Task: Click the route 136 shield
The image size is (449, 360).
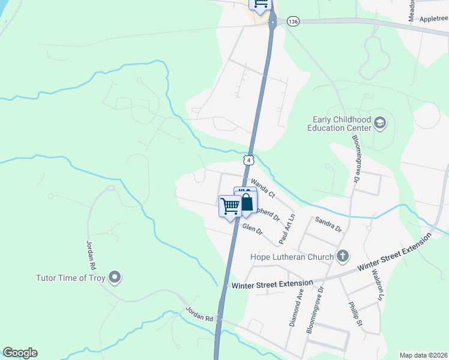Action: pos(293,21)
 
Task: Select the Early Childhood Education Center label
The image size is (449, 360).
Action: pos(339,124)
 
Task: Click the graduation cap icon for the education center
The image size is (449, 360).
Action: pos(379,124)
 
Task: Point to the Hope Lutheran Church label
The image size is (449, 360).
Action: pos(292,257)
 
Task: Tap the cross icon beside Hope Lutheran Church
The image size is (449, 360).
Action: pos(343,257)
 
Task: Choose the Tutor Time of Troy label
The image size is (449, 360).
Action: pos(71,278)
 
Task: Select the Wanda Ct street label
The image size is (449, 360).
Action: pos(262,187)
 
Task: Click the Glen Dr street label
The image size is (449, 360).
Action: pos(253,229)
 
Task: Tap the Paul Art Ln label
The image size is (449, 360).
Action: pos(287,229)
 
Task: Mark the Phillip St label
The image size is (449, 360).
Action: pos(355,310)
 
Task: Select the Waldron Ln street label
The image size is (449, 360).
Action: pos(376,284)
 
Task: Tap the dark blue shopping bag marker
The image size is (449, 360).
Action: pos(246,200)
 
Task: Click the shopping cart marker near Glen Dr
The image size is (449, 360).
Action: pos(231,206)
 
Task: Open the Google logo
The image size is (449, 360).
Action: pos(20,353)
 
